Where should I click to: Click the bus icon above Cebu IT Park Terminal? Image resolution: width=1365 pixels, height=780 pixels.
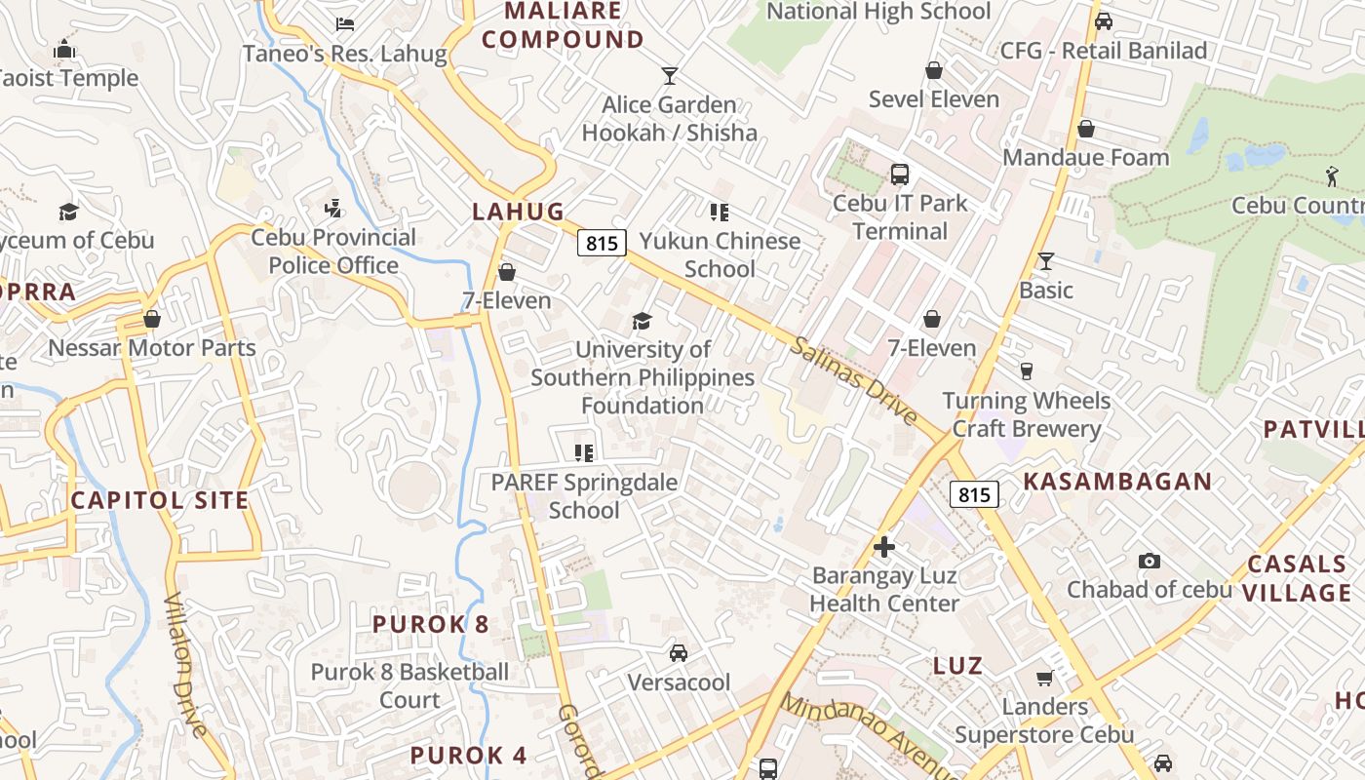coord(900,175)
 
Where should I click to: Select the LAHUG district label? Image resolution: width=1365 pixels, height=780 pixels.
coord(519,212)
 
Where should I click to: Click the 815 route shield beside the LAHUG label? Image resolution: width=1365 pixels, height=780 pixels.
coord(601,243)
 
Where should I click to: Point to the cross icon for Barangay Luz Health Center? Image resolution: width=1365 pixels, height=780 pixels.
coord(884,547)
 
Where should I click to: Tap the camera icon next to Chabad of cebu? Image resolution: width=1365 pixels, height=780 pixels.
coord(1150,561)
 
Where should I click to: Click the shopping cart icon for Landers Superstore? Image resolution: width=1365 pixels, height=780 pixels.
coord(1045,678)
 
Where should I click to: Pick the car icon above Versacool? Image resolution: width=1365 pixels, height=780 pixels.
coord(679,653)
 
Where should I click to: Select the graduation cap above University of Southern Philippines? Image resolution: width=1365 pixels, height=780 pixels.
coord(642,321)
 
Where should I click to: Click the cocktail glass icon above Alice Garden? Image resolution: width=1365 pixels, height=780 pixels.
coord(669,76)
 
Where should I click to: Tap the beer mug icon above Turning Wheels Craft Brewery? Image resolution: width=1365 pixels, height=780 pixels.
coord(1026,371)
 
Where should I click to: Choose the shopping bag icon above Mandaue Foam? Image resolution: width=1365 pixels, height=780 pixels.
coord(1086,129)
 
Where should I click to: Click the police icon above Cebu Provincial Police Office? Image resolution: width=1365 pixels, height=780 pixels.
coord(333,208)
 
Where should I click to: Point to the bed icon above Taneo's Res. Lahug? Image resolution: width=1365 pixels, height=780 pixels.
coord(344,24)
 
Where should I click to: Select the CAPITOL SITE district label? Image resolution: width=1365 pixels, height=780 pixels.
coord(160,501)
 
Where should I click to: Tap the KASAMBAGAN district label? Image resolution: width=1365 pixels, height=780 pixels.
coord(1117,482)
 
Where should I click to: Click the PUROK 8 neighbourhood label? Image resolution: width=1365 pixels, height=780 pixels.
coord(430,624)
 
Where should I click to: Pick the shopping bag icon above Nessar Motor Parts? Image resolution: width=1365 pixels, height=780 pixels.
coord(152,319)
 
